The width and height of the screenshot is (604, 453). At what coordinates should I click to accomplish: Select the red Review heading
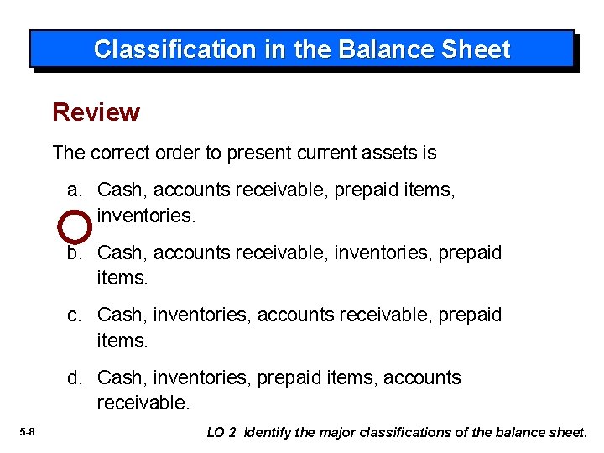(x=96, y=112)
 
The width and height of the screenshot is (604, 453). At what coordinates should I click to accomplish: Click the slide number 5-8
(x=26, y=432)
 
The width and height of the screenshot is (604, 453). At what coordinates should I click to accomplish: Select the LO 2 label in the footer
(x=221, y=432)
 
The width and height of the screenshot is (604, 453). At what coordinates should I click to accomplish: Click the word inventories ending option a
(x=146, y=216)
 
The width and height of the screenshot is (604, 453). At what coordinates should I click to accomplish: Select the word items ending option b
(x=122, y=278)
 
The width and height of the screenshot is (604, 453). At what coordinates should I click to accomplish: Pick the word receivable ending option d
(x=143, y=403)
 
